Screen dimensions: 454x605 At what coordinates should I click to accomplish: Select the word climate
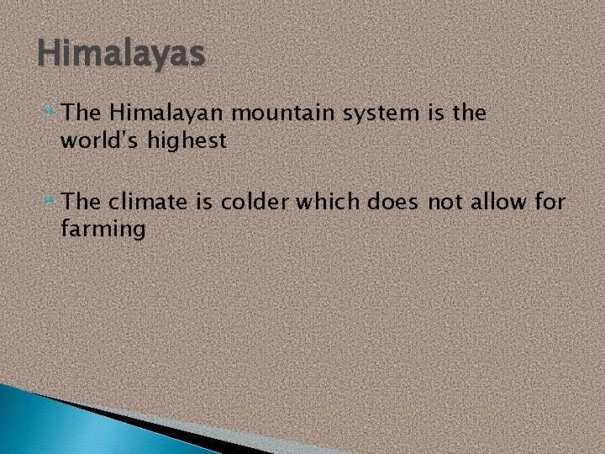click(x=153, y=203)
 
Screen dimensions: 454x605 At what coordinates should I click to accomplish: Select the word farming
click(x=103, y=230)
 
